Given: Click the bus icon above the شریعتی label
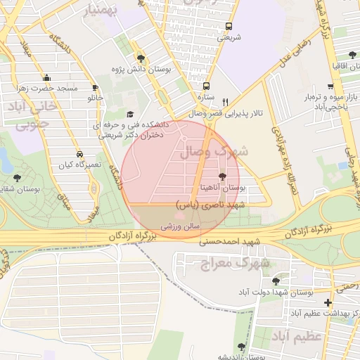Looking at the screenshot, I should [x=228, y=27].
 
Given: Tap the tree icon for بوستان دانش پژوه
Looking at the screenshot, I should [x=141, y=58].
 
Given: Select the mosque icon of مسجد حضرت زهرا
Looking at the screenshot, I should [x=46, y=78].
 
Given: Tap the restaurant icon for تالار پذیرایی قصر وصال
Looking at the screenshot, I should [x=225, y=101].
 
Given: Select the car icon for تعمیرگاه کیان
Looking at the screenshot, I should [x=80, y=153].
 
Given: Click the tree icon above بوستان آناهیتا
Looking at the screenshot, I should [x=223, y=177].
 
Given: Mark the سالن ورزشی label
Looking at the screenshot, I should [x=182, y=227].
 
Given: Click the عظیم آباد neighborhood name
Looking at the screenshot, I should [x=304, y=335].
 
